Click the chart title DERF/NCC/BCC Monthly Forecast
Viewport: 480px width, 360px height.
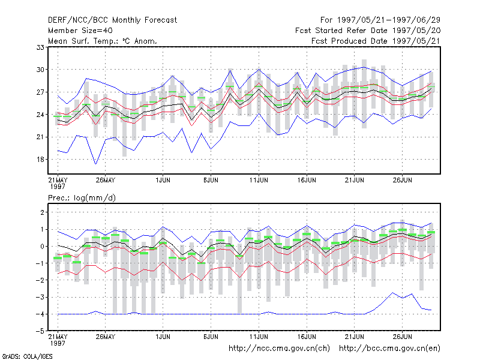click(112, 20)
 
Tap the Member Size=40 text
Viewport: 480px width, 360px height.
click(80, 31)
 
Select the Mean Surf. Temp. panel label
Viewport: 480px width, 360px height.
click(103, 41)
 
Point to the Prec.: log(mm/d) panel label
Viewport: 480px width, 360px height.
click(82, 198)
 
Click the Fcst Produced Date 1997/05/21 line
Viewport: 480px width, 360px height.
click(376, 41)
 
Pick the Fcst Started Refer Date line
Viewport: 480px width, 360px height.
click(368, 31)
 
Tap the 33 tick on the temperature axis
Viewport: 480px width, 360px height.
click(40, 47)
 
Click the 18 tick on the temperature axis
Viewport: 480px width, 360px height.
click(40, 160)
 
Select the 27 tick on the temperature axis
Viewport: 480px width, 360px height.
click(40, 92)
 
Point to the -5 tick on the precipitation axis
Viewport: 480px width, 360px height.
click(40, 331)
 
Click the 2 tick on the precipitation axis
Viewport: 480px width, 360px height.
click(42, 212)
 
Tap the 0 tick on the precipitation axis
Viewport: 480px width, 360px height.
click(42, 246)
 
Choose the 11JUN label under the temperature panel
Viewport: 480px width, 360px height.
click(259, 180)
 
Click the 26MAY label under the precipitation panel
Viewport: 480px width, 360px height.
click(106, 337)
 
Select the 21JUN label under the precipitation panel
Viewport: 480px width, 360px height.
click(355, 337)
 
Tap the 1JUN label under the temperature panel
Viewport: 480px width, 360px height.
click(163, 180)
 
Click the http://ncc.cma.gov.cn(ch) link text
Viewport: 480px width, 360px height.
click(280, 349)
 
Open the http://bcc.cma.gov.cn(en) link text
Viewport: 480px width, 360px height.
click(389, 349)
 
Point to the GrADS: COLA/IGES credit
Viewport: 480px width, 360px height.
click(28, 356)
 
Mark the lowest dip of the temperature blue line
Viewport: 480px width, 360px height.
click(96, 164)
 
